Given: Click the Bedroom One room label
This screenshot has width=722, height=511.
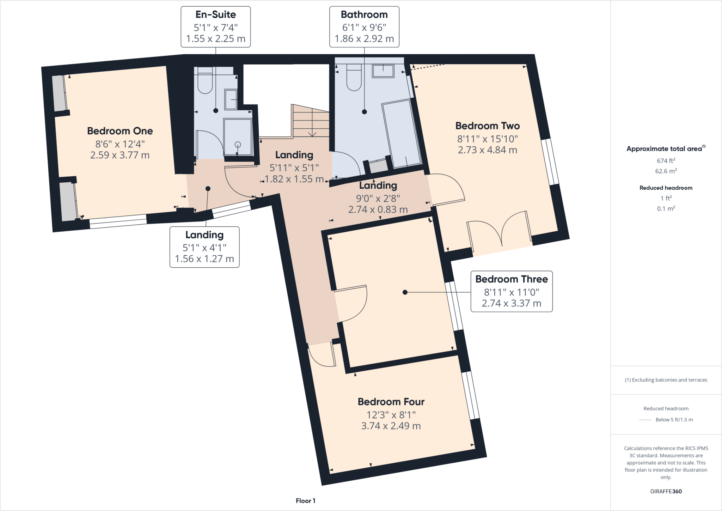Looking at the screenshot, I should [120, 131].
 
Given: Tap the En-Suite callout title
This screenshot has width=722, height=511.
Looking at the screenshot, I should [215, 15].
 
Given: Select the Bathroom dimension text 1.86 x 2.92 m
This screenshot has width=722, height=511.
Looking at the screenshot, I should [364, 39].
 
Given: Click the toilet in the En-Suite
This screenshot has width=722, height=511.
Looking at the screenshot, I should [205, 83].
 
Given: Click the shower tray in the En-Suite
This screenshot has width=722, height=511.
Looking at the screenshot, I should [238, 138].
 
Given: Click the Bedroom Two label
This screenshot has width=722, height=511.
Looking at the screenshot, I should [487, 126].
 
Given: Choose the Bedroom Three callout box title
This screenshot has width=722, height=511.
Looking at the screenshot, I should [511, 279].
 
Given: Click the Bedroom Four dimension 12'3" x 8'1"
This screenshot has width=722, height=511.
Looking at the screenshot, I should [391, 415].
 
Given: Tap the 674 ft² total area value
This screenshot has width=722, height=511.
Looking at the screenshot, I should [666, 161].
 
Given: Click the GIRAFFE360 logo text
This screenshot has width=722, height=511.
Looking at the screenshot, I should [666, 491].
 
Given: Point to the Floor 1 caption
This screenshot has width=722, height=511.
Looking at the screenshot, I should [305, 501].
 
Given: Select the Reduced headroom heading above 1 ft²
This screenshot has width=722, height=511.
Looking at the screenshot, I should [666, 188].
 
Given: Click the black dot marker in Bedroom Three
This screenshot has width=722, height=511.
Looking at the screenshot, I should [405, 292].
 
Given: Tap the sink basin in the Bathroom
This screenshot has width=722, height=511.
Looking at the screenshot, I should [383, 71].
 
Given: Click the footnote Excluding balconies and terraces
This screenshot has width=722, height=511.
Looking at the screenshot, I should [666, 380].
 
